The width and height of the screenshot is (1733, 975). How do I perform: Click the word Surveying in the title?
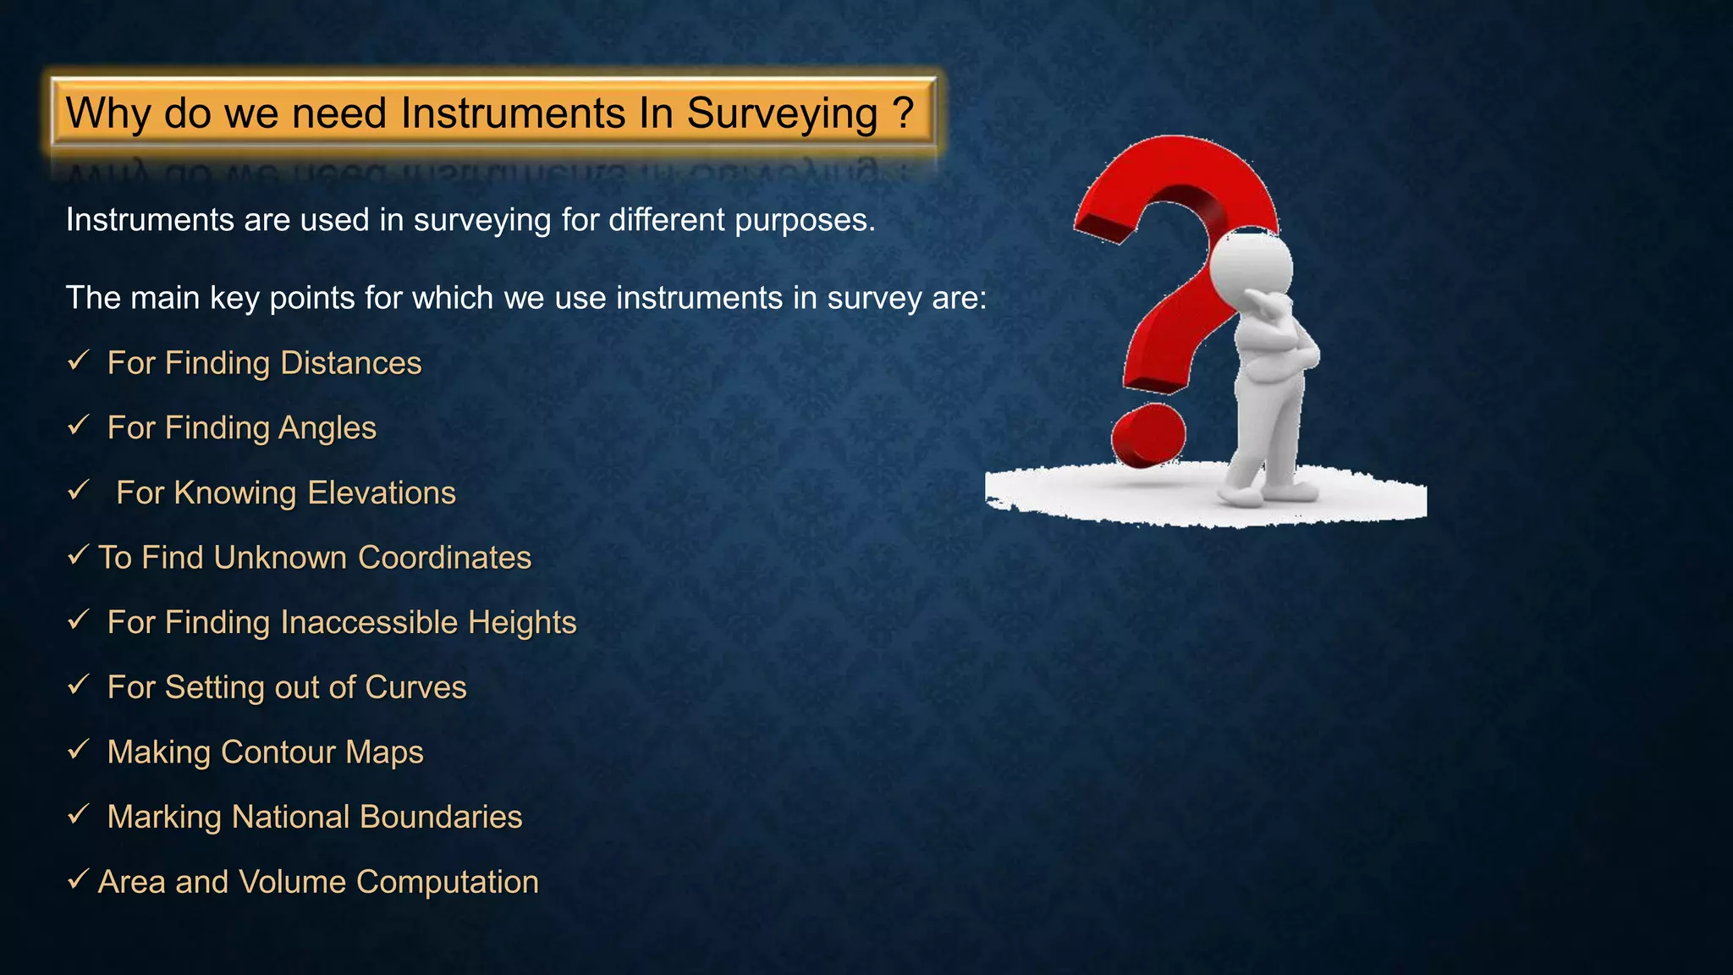pyautogui.click(x=782, y=114)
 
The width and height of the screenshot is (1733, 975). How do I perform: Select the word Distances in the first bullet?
pyautogui.click(x=350, y=363)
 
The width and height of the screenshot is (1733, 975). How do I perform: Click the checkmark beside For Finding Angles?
pyautogui.click(x=79, y=425)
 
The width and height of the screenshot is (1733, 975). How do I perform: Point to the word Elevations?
pyautogui.click(x=382, y=493)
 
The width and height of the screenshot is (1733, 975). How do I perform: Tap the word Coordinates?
pyautogui.click(x=444, y=558)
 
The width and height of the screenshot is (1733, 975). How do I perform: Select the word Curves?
pyautogui.click(x=415, y=687)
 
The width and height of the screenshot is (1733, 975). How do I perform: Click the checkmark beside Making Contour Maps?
pyautogui.click(x=79, y=749)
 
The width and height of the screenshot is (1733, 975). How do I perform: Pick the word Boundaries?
pyautogui.click(x=441, y=817)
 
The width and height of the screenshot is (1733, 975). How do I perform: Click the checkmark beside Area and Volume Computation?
pyautogui.click(x=78, y=879)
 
